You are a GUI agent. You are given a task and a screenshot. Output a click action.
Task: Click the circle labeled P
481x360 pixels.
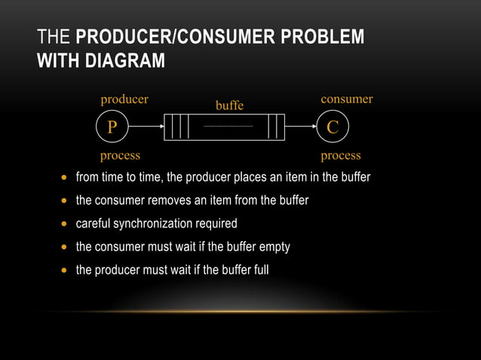pyautogui.click(x=112, y=127)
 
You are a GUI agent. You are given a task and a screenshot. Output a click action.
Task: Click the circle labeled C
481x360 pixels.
pyautogui.click(x=332, y=127)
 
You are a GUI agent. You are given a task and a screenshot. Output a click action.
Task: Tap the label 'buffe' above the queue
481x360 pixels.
pyautogui.click(x=229, y=106)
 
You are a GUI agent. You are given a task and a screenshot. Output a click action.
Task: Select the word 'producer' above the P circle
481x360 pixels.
pyautogui.click(x=124, y=99)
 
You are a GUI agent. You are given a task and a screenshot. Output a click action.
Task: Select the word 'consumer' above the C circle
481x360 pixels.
pyautogui.click(x=347, y=99)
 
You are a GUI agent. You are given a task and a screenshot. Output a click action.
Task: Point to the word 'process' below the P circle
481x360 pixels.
pyautogui.click(x=120, y=156)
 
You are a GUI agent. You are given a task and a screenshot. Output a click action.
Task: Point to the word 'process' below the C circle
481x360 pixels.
pyautogui.click(x=341, y=156)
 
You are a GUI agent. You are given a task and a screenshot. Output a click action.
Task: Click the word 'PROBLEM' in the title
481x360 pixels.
pyautogui.click(x=329, y=37)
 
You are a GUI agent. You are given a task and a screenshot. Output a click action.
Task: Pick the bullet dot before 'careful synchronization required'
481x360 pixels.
pyautogui.click(x=64, y=224)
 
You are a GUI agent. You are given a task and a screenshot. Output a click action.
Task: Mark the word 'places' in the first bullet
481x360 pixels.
pyautogui.click(x=250, y=178)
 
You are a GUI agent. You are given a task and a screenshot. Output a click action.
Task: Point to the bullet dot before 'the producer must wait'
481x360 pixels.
pyautogui.click(x=64, y=270)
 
